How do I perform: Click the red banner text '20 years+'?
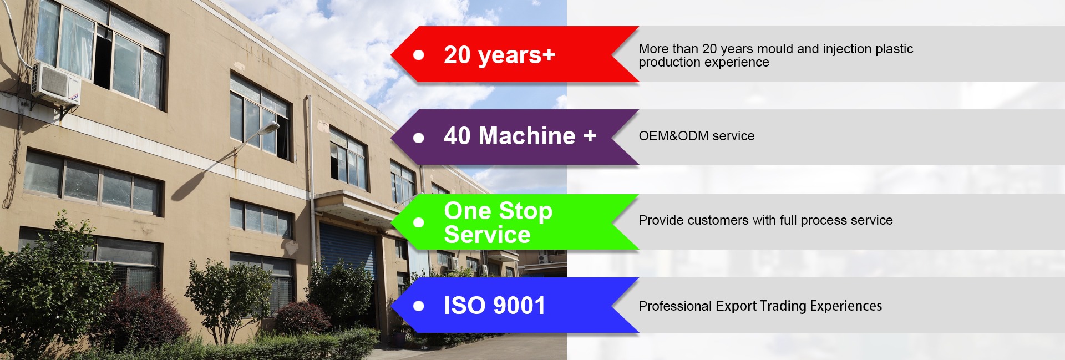(499, 55)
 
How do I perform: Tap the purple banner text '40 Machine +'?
(520, 136)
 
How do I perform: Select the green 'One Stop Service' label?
(498, 222)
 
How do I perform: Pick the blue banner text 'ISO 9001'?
(494, 306)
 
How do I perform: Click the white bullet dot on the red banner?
(419, 55)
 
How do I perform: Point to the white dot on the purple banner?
(419, 138)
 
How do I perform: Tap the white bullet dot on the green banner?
(419, 222)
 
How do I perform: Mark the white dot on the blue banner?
(419, 306)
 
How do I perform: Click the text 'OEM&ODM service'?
(696, 136)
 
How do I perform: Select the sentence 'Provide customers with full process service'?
(765, 220)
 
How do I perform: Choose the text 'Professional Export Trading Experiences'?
(760, 306)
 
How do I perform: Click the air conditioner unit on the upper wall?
(55, 83)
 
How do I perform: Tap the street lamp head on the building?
(267, 129)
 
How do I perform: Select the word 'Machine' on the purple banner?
(527, 136)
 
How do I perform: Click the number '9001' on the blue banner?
(519, 306)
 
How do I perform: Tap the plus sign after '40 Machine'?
(590, 135)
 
